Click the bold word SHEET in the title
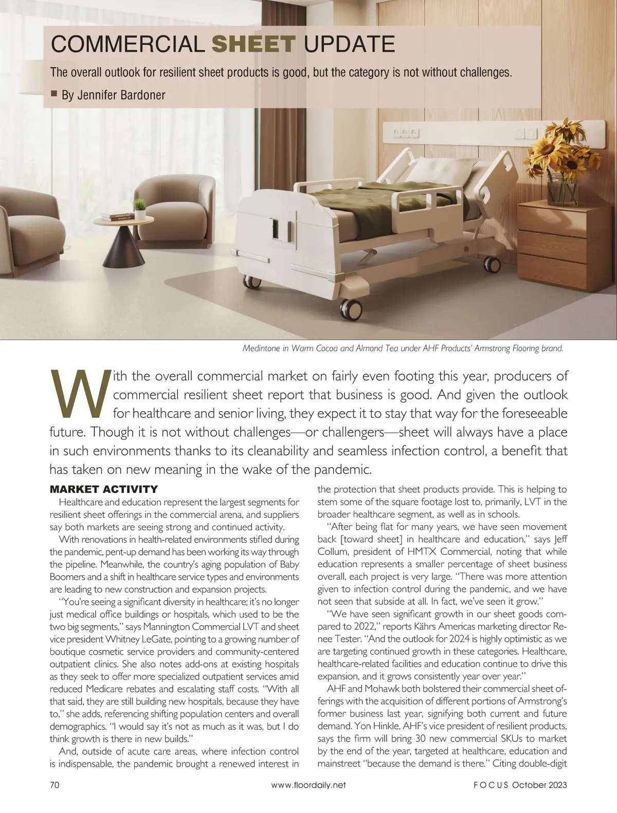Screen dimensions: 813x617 point(254,45)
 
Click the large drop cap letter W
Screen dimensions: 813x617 point(79,395)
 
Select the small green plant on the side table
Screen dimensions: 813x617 point(139,206)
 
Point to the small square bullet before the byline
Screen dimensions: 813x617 point(54,94)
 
